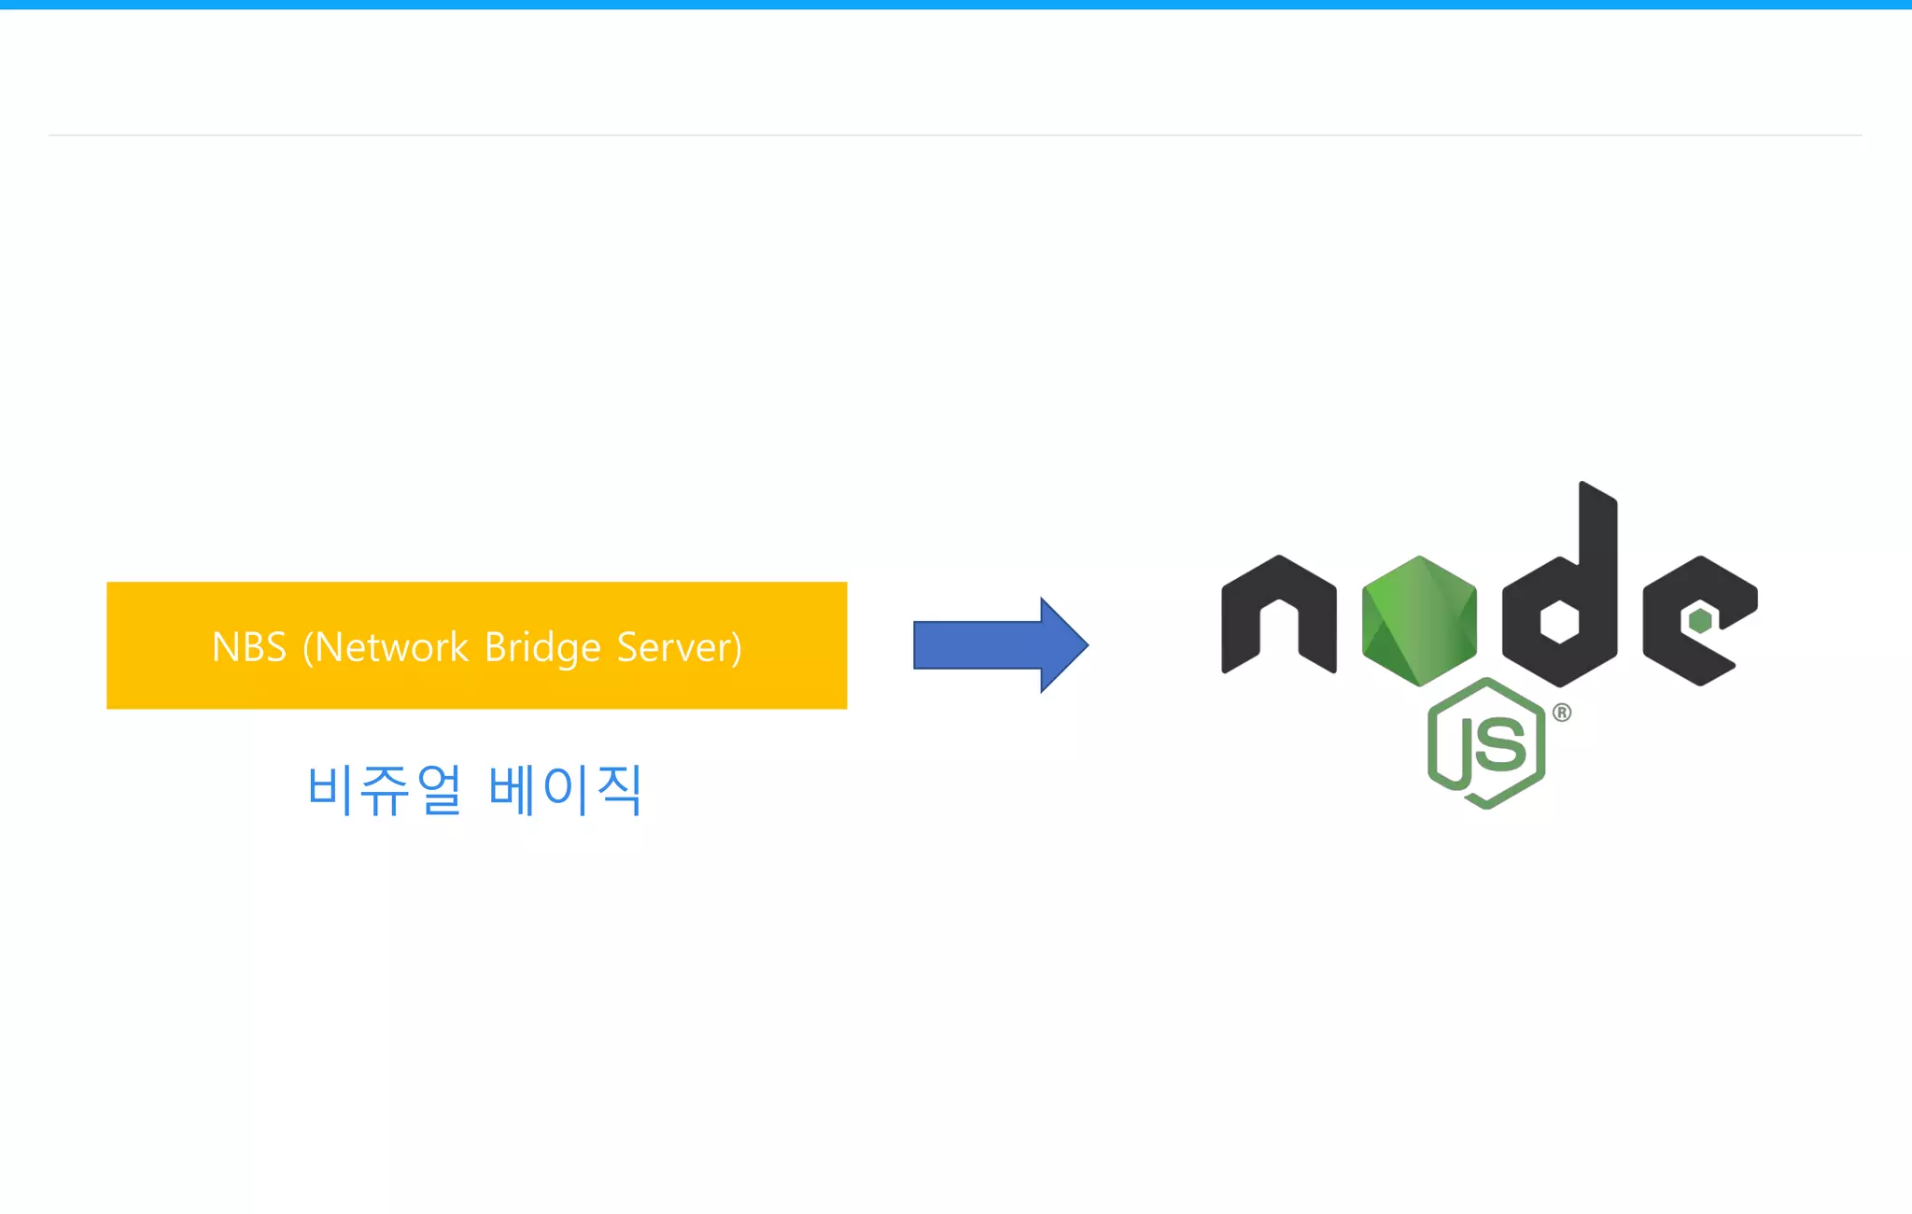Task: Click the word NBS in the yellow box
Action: [248, 647]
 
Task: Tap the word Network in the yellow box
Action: [392, 647]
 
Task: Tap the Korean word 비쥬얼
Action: [384, 790]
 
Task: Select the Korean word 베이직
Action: [566, 790]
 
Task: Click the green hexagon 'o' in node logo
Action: [1419, 621]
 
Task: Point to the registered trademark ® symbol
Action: [1562, 713]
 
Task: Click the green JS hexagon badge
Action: [1486, 743]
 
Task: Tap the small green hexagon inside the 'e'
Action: [1700, 620]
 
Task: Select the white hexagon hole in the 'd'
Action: [1559, 621]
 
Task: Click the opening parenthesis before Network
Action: [308, 648]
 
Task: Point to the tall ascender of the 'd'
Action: [1597, 532]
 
